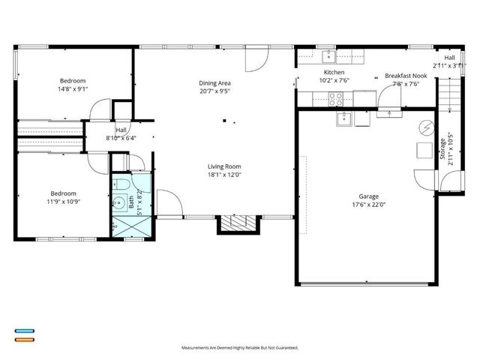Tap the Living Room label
tap(224, 166)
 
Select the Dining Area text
tap(214, 82)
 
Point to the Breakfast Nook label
tap(406, 76)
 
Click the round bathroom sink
tap(119, 202)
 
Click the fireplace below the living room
tap(238, 223)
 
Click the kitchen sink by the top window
tap(328, 56)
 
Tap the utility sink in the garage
tap(345, 118)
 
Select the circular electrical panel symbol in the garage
tap(427, 128)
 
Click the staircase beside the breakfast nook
tap(448, 91)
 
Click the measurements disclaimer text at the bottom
tap(240, 348)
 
